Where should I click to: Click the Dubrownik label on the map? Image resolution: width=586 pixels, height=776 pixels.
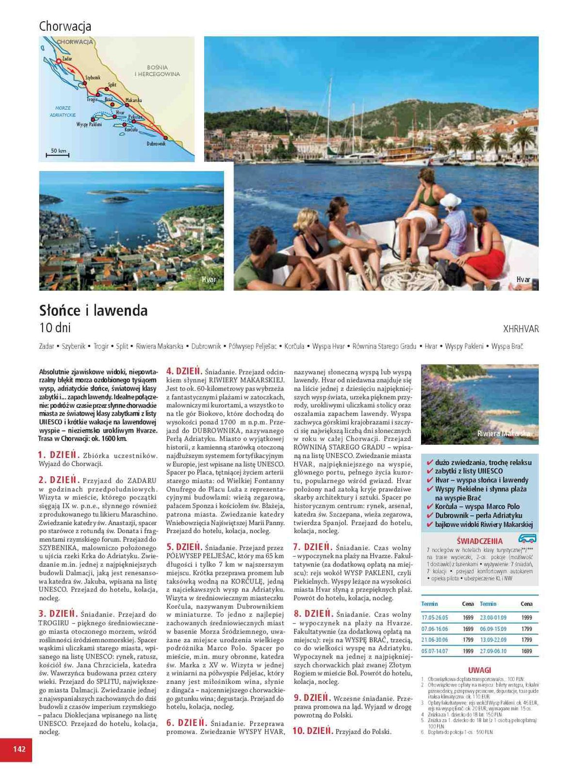click(x=156, y=144)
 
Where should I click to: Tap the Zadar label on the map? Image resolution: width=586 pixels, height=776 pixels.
click(x=67, y=59)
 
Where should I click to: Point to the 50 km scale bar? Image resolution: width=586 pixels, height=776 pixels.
click(x=58, y=154)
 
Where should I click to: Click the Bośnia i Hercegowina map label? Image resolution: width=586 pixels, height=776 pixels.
click(x=157, y=71)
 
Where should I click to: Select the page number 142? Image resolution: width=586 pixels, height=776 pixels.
click(x=19, y=749)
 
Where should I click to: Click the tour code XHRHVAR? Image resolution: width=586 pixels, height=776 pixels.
click(x=521, y=329)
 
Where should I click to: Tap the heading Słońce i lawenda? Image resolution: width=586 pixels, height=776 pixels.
click(x=93, y=310)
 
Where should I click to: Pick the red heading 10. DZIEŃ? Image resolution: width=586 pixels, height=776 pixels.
click(x=312, y=731)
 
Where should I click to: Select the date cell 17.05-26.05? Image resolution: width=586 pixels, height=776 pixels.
click(x=435, y=618)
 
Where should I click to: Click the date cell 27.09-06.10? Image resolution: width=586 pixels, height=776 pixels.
click(x=493, y=651)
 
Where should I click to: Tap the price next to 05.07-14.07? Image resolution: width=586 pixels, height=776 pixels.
click(x=468, y=651)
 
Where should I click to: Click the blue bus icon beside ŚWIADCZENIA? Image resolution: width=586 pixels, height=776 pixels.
click(x=527, y=538)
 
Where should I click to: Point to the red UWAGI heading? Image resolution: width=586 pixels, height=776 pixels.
click(x=479, y=670)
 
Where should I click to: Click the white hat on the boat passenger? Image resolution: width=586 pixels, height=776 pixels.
click(x=451, y=200)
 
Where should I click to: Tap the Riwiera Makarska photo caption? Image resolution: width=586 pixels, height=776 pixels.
click(x=503, y=434)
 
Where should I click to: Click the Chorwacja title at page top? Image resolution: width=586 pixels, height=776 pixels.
click(x=65, y=26)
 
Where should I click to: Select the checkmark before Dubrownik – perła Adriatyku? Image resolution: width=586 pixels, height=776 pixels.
click(x=429, y=516)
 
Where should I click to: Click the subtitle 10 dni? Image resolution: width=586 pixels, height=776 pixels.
click(x=55, y=328)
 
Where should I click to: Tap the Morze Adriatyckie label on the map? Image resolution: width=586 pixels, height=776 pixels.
click(x=63, y=112)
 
